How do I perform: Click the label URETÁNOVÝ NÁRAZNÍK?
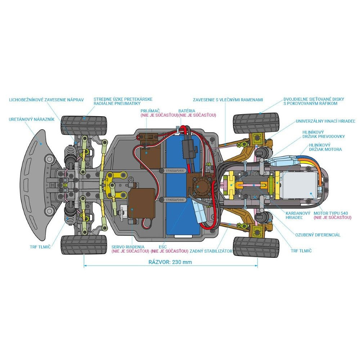click(x=32, y=119)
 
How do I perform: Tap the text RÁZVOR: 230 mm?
click(x=170, y=262)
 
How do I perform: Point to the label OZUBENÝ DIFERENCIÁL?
click(x=318, y=235)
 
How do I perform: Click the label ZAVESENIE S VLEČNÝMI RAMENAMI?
click(x=228, y=99)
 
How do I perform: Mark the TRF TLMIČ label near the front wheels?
click(x=40, y=247)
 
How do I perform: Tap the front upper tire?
click(x=84, y=125)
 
